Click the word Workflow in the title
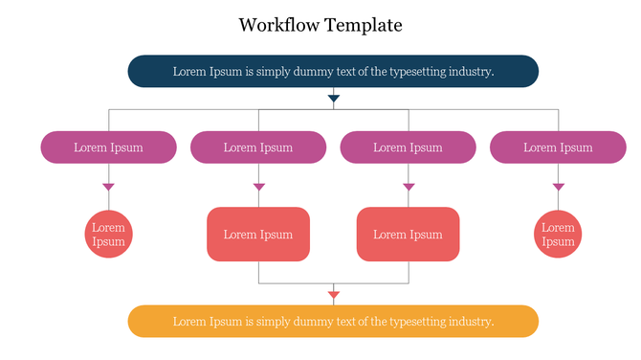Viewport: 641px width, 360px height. tap(278, 25)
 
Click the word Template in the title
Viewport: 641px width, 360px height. tap(364, 25)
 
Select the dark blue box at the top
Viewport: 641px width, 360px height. tap(333, 71)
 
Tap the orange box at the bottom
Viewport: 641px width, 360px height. tap(333, 321)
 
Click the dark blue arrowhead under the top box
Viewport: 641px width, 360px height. tap(333, 98)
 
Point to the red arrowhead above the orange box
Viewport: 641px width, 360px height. tap(333, 295)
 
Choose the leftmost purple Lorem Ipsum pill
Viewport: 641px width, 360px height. tap(108, 147)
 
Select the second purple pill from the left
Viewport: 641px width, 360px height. tap(258, 147)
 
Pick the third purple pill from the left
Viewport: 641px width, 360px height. tap(408, 147)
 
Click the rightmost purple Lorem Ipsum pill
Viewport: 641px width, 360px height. tap(558, 147)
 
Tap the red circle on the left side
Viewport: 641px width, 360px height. tap(108, 235)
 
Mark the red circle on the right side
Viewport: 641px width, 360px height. tap(558, 235)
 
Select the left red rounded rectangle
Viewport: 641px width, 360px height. tap(258, 235)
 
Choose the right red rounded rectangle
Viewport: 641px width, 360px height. tap(408, 235)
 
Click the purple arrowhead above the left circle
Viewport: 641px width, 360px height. tap(108, 187)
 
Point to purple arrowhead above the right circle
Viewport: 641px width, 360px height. tap(558, 187)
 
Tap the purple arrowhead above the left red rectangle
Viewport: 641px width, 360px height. tap(258, 187)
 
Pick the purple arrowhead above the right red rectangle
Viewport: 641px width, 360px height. tap(409, 187)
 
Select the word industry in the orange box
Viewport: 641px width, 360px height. tap(472, 322)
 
